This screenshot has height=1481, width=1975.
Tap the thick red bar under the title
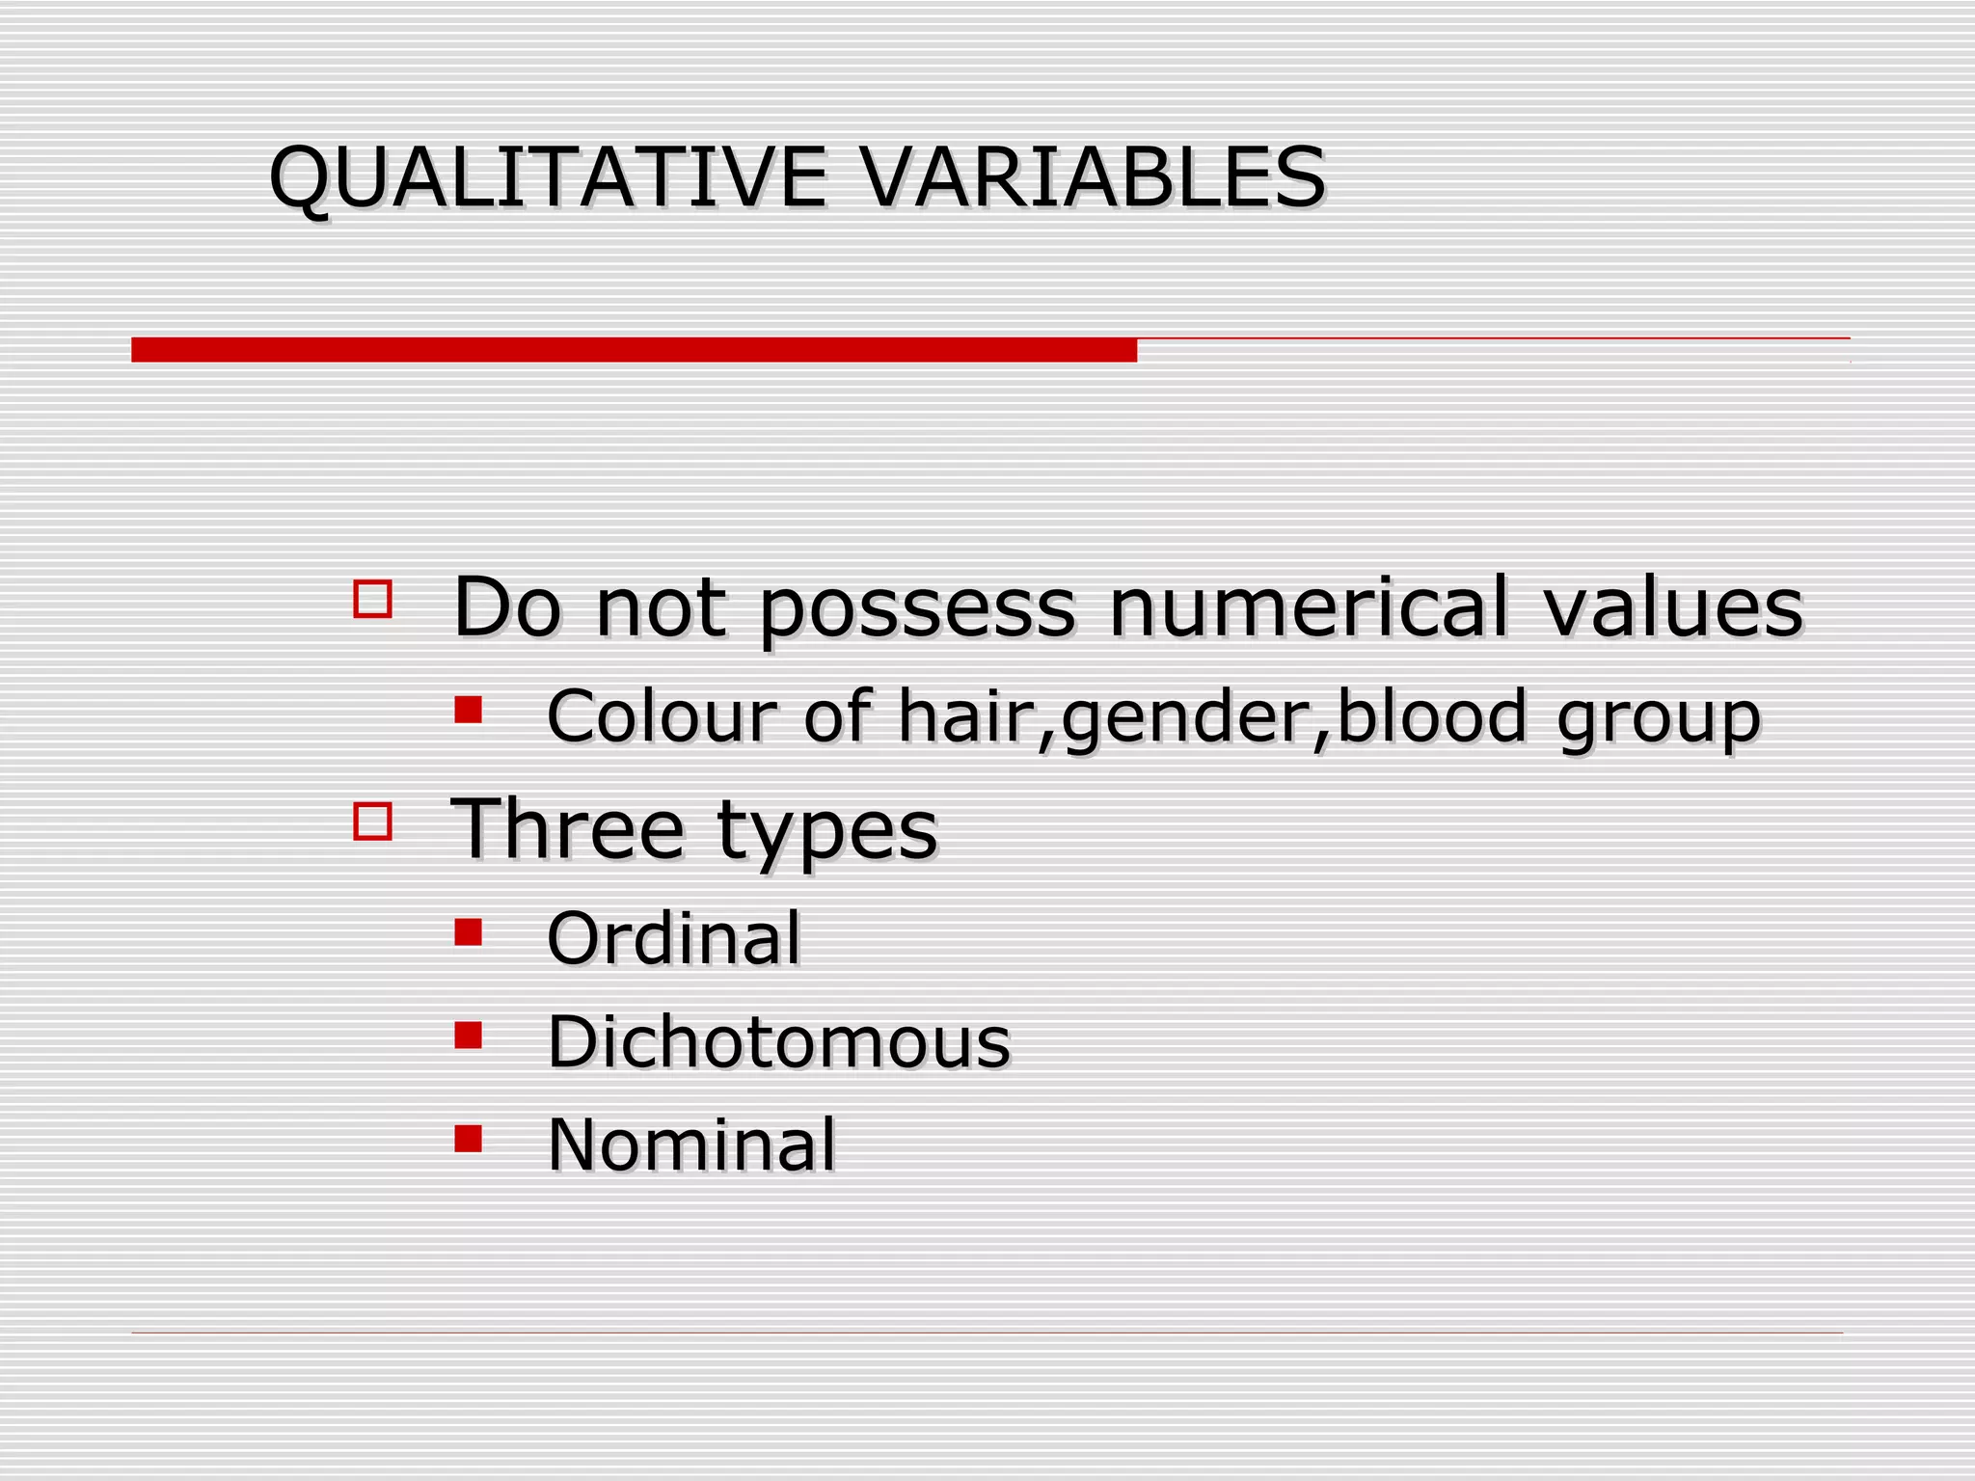tap(634, 349)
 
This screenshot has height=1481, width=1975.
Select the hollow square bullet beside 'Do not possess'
tap(372, 599)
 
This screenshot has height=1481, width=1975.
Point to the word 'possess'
tap(916, 609)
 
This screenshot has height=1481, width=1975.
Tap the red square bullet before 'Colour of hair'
tap(469, 710)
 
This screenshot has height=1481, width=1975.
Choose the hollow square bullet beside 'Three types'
tap(372, 821)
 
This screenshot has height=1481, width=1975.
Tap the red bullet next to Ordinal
tap(469, 931)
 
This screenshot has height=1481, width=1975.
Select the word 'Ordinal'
tap(673, 937)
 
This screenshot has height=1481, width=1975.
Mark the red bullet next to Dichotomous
tap(469, 1035)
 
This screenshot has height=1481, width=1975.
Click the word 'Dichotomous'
tap(778, 1041)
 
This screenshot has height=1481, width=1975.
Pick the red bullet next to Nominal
tap(469, 1139)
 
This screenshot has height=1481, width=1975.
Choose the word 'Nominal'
tap(691, 1144)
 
